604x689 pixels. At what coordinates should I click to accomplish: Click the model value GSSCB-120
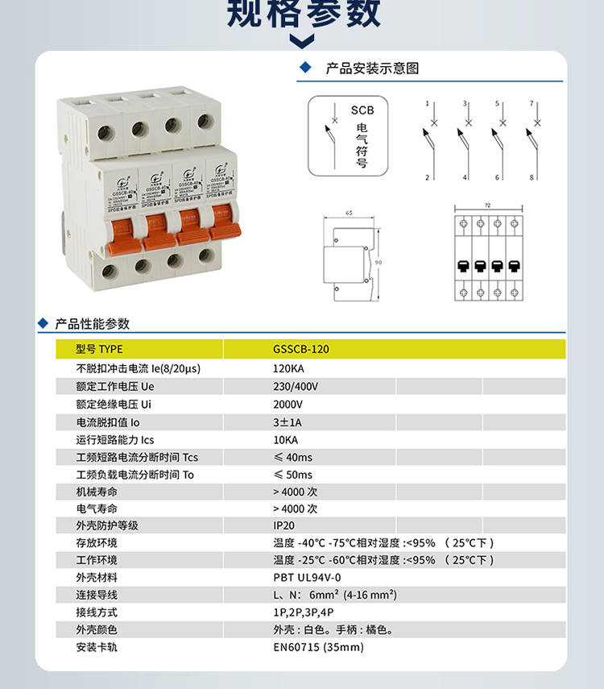coord(301,350)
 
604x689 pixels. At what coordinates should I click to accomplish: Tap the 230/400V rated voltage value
coord(296,386)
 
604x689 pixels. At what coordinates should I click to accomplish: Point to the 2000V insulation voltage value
coord(288,404)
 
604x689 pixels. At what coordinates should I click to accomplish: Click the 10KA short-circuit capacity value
coord(285,440)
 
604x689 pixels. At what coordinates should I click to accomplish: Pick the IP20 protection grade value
coord(284,525)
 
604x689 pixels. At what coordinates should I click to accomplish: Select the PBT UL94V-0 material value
coord(307,578)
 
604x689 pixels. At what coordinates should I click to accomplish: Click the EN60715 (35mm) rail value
coord(318,647)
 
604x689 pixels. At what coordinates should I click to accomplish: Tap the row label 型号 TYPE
coord(99,350)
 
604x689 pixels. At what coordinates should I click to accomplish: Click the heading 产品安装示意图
coord(372,68)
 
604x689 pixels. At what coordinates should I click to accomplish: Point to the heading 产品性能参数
coord(92,324)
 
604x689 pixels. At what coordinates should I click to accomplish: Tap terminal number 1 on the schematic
coord(427,104)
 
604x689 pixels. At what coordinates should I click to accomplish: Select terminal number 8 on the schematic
coord(532,176)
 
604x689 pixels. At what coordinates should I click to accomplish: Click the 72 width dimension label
coord(488,205)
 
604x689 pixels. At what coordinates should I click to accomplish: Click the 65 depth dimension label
coord(348,214)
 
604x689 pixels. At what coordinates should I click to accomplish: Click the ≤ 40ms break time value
coord(292,458)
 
